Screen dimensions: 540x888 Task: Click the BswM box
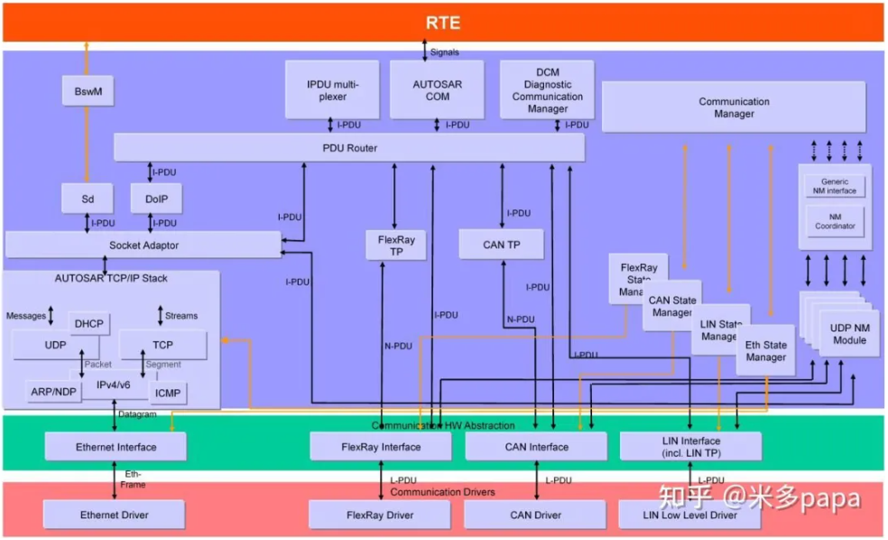[88, 90]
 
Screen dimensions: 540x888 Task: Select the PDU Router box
[348, 148]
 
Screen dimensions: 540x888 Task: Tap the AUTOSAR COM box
[437, 89]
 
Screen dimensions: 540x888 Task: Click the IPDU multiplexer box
[332, 89]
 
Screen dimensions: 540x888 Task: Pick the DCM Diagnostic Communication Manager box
[547, 89]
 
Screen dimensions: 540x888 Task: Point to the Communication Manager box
[734, 107]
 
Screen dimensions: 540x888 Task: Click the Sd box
[88, 198]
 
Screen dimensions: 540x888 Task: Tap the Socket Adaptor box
[143, 245]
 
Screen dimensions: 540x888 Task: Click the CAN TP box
[501, 244]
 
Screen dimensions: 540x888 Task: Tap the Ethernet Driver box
[114, 515]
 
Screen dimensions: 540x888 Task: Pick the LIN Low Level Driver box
[690, 515]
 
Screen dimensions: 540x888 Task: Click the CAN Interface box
[535, 446]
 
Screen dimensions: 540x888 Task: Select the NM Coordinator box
[835, 220]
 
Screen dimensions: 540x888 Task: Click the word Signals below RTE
[444, 52]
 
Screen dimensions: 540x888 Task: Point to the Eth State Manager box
[765, 350]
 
